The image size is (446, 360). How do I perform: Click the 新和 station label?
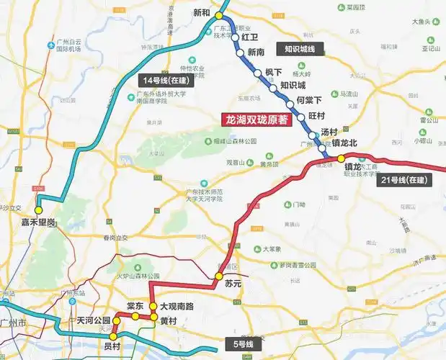click(202, 13)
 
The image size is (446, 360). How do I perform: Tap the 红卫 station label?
click(249, 36)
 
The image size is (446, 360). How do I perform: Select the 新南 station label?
click(256, 53)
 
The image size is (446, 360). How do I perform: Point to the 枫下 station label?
click(273, 72)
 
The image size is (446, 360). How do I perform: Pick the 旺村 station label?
click(316, 116)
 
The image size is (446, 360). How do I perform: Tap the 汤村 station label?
click(329, 132)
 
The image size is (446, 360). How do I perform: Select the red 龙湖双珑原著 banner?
click(256, 120)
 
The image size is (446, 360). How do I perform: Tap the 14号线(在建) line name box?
click(162, 79)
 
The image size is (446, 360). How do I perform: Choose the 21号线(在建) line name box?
click(406, 179)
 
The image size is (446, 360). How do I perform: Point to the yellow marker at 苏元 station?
click(219, 276)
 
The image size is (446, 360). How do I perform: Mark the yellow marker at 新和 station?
click(219, 14)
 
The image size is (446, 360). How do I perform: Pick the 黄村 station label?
click(169, 321)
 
